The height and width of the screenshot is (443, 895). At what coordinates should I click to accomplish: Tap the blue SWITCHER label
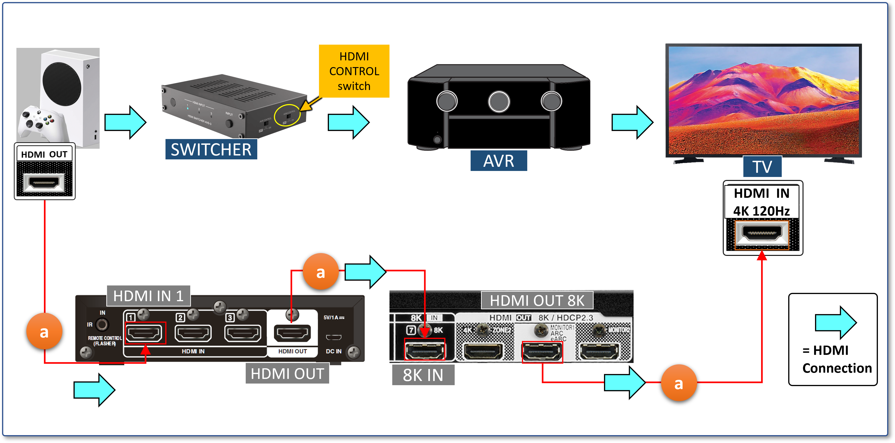(x=211, y=149)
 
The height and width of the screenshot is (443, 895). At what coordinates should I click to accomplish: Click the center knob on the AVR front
(x=499, y=102)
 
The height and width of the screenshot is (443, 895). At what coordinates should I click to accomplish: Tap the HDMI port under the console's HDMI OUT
(x=44, y=182)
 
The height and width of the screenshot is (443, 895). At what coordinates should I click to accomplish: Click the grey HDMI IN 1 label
(x=148, y=296)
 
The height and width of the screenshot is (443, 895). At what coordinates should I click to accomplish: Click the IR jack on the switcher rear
(x=102, y=325)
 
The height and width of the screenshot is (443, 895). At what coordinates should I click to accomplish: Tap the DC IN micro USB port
(x=334, y=337)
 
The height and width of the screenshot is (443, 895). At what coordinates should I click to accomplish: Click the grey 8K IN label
(x=423, y=375)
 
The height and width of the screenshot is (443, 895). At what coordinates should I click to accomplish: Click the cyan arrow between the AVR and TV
(x=632, y=122)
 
